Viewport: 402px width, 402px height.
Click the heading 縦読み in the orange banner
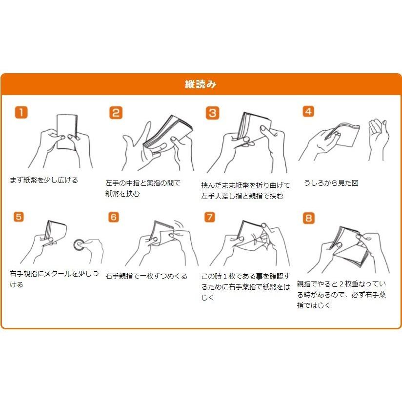(x=201, y=84)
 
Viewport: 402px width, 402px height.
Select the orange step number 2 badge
(x=116, y=113)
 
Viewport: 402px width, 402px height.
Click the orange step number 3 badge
(x=212, y=113)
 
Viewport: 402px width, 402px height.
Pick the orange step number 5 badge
(x=18, y=217)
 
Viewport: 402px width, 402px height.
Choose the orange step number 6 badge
(x=114, y=217)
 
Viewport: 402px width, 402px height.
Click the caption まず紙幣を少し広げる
(x=44, y=180)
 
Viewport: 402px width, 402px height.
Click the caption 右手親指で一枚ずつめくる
(x=146, y=276)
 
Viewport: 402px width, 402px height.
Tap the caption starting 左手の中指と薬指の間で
(x=143, y=188)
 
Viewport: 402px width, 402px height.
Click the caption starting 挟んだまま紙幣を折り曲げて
(x=245, y=190)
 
